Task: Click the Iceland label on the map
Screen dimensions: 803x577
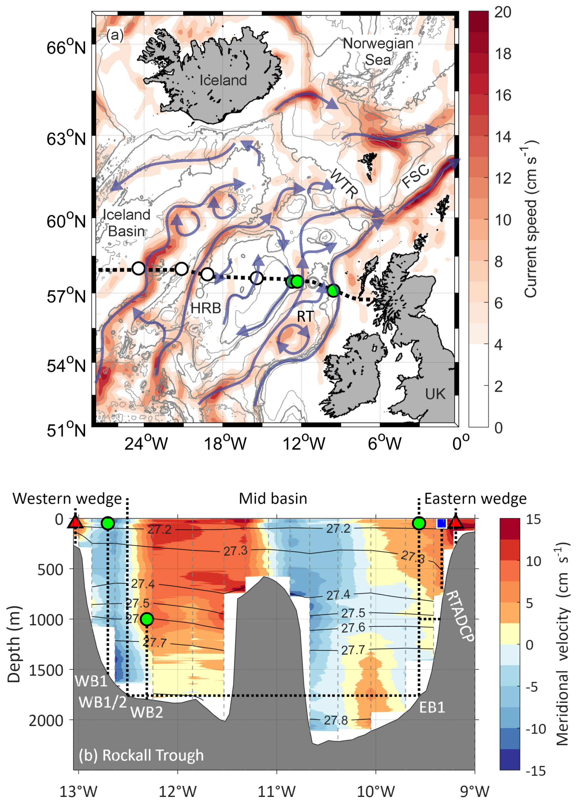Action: pyautogui.click(x=223, y=80)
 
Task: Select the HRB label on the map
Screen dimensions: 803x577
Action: pyautogui.click(x=206, y=308)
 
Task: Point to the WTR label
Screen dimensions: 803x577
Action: pyautogui.click(x=343, y=183)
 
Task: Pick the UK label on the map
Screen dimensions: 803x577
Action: pyautogui.click(x=435, y=394)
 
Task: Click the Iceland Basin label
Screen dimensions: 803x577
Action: pyautogui.click(x=127, y=223)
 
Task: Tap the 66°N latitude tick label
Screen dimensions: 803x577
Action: pyautogui.click(x=66, y=48)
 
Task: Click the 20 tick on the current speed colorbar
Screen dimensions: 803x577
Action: pyautogui.click(x=503, y=12)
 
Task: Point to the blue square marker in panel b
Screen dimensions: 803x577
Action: pyautogui.click(x=441, y=523)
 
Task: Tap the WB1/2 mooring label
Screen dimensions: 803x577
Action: pyautogui.click(x=102, y=702)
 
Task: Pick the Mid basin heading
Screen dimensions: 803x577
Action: pyautogui.click(x=273, y=499)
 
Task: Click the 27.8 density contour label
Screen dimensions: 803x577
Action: pyautogui.click(x=336, y=720)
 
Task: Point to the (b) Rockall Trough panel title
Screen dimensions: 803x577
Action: pyautogui.click(x=141, y=755)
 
